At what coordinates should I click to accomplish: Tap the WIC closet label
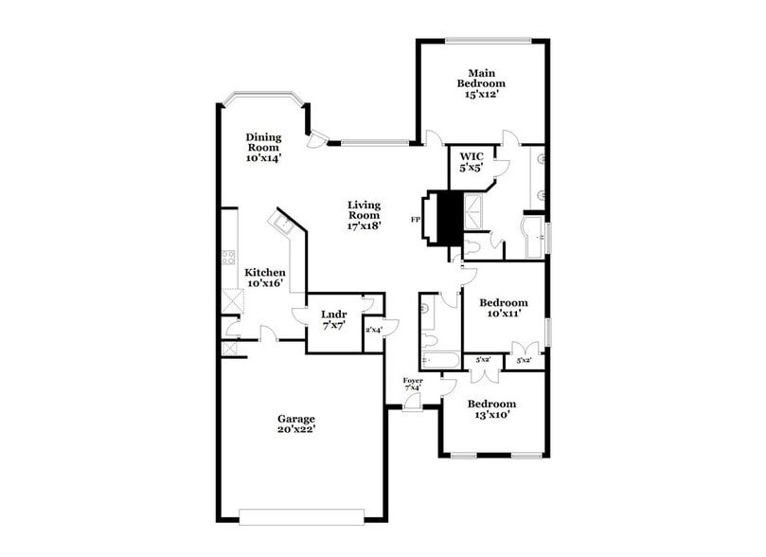(472, 156)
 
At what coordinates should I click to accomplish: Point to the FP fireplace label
(415, 220)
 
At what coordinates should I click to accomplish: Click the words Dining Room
(263, 142)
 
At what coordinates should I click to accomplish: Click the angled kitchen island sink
(281, 224)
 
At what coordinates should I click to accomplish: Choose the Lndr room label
(333, 314)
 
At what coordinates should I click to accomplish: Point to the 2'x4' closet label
(374, 330)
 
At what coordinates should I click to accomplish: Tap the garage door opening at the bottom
(301, 516)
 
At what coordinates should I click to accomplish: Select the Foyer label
(414, 381)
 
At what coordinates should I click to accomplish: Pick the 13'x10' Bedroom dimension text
(490, 414)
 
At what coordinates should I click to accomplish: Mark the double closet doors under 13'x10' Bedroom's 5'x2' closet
(484, 375)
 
